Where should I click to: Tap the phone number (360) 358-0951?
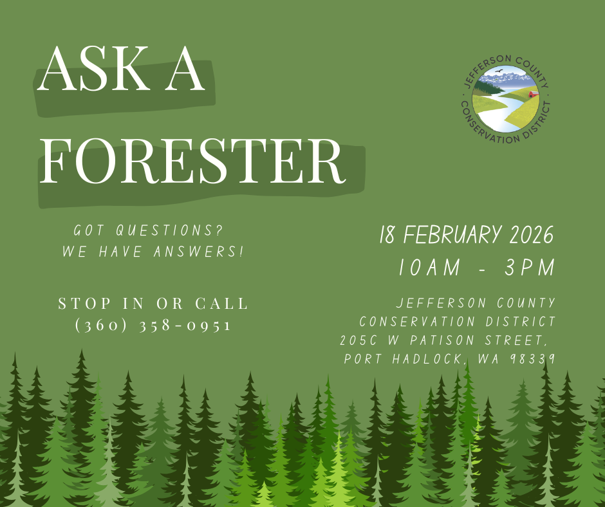tap(153, 325)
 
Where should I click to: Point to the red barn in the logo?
tap(533, 94)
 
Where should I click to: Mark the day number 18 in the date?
tap(387, 235)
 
